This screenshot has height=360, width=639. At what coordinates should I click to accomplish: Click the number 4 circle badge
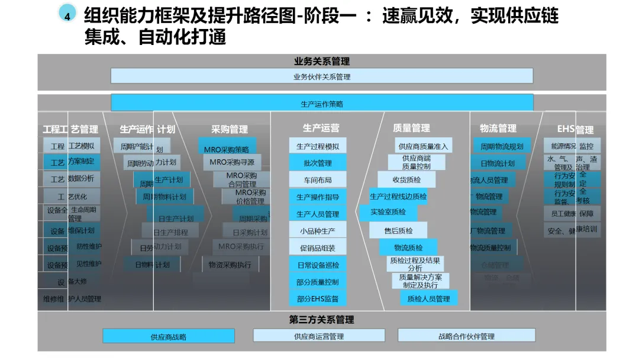pyautogui.click(x=67, y=16)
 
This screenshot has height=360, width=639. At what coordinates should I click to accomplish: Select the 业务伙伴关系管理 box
pyautogui.click(x=322, y=76)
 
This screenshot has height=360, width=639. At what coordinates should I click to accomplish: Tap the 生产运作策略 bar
pyautogui.click(x=322, y=104)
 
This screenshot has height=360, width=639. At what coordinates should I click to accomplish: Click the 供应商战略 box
pyautogui.click(x=168, y=336)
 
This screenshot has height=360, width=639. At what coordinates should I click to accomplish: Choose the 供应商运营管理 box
pyautogui.click(x=319, y=336)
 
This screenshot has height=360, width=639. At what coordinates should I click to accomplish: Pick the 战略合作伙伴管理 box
pyautogui.click(x=466, y=336)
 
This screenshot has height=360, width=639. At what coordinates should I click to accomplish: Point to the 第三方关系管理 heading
pyautogui.click(x=321, y=320)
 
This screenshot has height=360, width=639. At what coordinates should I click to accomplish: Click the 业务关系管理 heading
pyautogui.click(x=322, y=61)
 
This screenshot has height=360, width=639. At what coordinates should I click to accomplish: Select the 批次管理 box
pyautogui.click(x=318, y=163)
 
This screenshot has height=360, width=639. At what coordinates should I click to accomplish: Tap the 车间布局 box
pyautogui.click(x=318, y=180)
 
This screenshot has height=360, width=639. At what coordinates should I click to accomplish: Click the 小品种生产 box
pyautogui.click(x=318, y=231)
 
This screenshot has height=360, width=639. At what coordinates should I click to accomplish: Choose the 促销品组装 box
pyautogui.click(x=318, y=248)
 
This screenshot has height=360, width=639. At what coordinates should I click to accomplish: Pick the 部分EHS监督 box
pyautogui.click(x=318, y=299)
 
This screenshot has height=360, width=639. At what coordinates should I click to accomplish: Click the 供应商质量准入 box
pyautogui.click(x=424, y=146)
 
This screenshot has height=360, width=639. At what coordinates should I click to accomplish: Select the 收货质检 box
pyautogui.click(x=406, y=179)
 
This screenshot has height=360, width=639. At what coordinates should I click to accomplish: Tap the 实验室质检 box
pyautogui.click(x=388, y=212)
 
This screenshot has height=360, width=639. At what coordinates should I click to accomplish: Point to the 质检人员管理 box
pyautogui.click(x=428, y=299)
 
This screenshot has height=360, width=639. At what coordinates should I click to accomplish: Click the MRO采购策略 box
pyautogui.click(x=227, y=149)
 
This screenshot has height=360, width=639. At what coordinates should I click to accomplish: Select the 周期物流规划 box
pyautogui.click(x=502, y=146)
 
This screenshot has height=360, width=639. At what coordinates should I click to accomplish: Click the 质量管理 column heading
pyautogui.click(x=411, y=128)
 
